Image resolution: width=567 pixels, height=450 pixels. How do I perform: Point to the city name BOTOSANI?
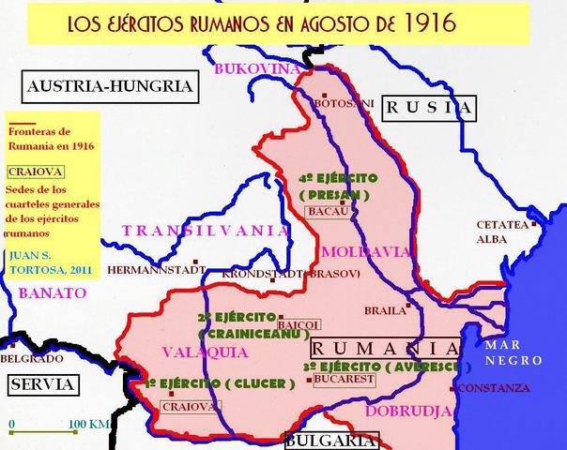pos(344,102)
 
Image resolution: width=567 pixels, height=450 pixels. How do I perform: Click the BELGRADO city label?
pos(24,358)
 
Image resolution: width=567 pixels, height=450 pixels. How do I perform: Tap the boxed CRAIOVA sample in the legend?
pos(32,172)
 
